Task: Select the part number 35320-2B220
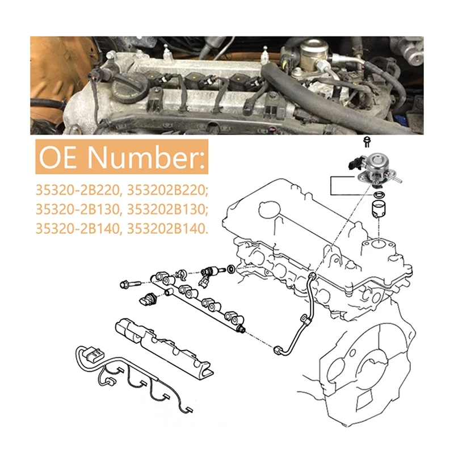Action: click(78, 190)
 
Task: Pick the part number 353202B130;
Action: click(167, 209)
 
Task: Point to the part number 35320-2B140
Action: click(78, 229)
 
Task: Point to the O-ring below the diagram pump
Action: click(377, 195)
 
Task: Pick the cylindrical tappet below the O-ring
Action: click(378, 209)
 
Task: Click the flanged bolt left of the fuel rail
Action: click(129, 284)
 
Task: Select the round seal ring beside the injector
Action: click(232, 269)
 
